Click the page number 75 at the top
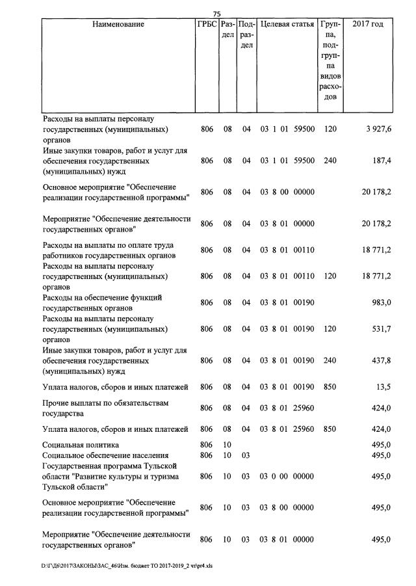(x=218, y=14)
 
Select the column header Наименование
(x=118, y=25)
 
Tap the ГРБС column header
(x=207, y=25)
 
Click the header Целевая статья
(x=287, y=25)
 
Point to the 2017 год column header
(x=368, y=25)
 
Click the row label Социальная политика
(x=81, y=444)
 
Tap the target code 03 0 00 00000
(x=287, y=476)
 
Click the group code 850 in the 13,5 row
(x=330, y=387)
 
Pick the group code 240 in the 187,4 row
(x=330, y=161)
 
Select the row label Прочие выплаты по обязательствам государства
(x=105, y=408)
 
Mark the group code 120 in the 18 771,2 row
(x=330, y=276)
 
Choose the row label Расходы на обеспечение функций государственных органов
(x=102, y=302)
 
